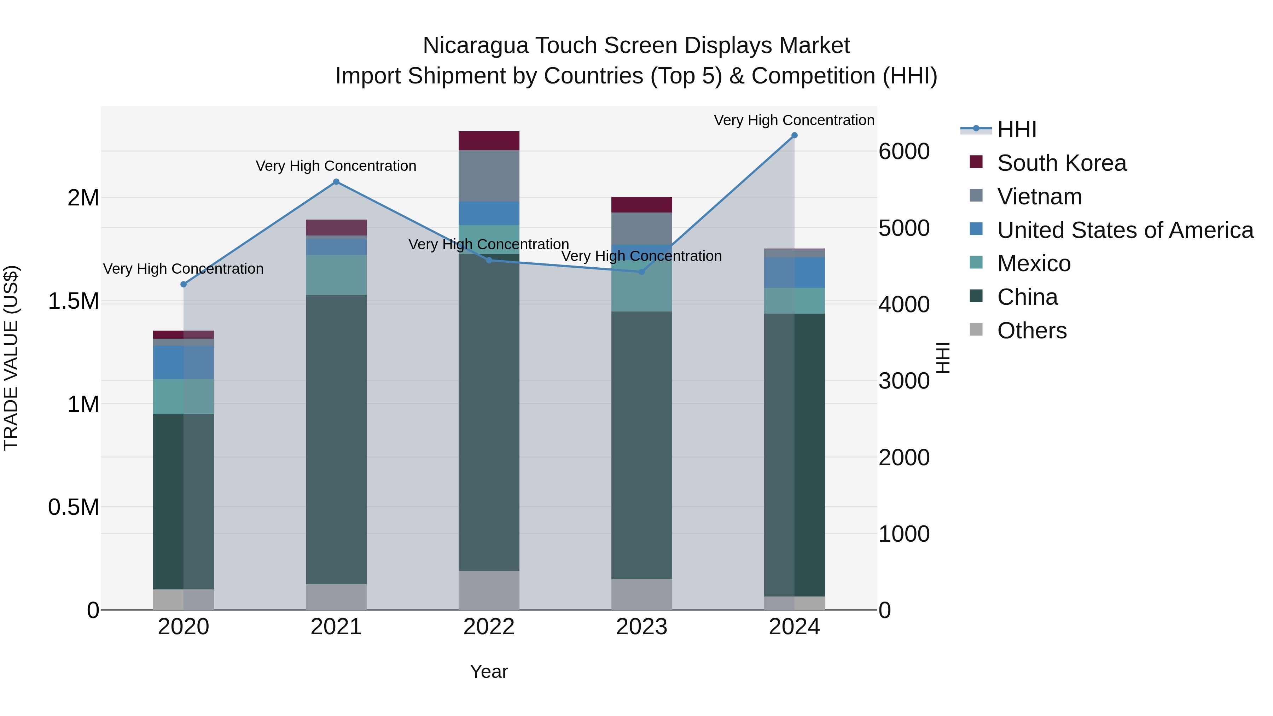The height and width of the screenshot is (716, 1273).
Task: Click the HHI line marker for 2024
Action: tap(794, 135)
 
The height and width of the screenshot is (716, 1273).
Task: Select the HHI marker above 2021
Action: tap(336, 182)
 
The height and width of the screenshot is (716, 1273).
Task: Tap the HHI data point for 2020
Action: tap(183, 284)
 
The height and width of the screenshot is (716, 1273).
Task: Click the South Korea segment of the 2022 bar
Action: tap(489, 141)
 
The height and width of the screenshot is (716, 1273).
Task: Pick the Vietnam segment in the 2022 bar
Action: tap(489, 176)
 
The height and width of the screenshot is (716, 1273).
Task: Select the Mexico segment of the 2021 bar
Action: tap(336, 275)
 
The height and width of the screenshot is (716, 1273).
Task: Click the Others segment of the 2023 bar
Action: tap(641, 594)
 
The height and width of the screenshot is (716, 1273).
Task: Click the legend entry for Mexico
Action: tap(1034, 263)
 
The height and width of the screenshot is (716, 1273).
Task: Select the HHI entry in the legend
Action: tap(1017, 129)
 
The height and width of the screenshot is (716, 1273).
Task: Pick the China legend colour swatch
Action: tap(976, 297)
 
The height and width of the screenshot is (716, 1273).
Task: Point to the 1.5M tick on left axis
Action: tap(74, 301)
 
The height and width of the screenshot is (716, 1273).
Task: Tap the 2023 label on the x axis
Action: tap(641, 627)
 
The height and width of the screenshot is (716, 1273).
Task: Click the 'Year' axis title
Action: tap(489, 671)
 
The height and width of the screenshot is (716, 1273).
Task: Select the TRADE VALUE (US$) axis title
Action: tap(11, 358)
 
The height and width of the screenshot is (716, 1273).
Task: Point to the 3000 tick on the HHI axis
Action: tap(904, 381)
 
